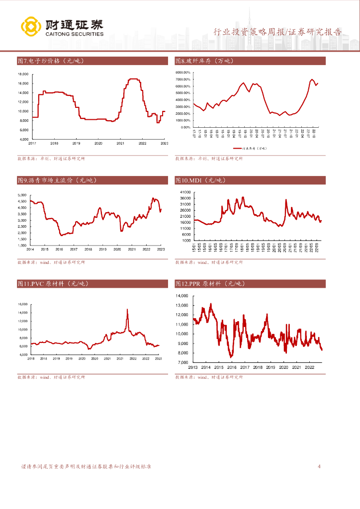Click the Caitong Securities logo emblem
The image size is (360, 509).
coord(30,27)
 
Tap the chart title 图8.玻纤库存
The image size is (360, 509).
coord(204,61)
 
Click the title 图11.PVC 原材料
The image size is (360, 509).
coord(53,283)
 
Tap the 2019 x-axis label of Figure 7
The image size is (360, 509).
coord(76,143)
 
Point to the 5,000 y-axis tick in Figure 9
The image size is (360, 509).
coord(22,195)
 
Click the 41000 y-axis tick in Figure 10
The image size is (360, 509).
coord(185,192)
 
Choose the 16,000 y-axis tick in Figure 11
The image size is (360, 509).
coord(22,304)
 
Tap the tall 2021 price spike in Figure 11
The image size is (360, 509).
coord(127,310)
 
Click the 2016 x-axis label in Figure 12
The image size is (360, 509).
coord(231,367)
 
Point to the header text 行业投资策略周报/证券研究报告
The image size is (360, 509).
coord(277,32)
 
